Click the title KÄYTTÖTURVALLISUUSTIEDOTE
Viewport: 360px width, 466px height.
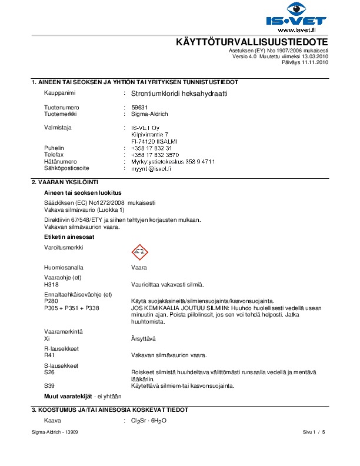tap(252, 43)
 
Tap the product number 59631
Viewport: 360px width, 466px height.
tap(139, 108)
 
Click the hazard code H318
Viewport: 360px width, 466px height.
tap(51, 285)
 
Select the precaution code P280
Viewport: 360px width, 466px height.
tap(51, 301)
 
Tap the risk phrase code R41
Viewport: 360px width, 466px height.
tap(51, 355)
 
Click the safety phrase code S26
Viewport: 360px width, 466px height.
tap(51, 372)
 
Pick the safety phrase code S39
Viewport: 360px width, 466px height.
tap(51, 386)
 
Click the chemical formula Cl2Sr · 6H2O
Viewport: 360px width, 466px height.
tap(149, 421)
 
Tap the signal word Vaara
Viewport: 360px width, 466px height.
tap(138, 267)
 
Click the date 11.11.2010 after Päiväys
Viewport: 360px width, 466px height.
tap(314, 62)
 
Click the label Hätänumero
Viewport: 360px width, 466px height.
tap(61, 161)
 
